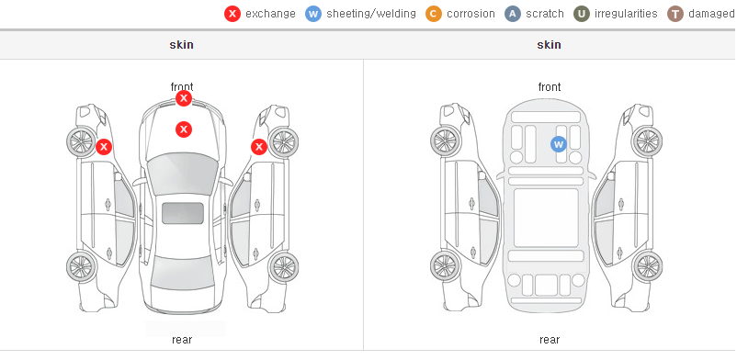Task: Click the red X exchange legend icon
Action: [x=232, y=14]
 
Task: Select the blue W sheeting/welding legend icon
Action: [x=313, y=14]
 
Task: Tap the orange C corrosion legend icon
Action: [x=434, y=14]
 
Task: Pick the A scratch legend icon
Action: [x=513, y=14]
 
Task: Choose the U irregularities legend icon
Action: [x=582, y=14]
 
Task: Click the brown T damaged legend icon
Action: [x=675, y=14]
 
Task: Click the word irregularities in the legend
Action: [x=626, y=14]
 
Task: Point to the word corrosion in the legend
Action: [x=471, y=14]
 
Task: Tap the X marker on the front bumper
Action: [x=184, y=98]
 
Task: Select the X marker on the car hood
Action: [x=184, y=129]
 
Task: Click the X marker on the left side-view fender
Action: [x=104, y=147]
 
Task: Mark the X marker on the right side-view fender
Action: [x=259, y=147]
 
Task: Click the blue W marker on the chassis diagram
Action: [x=559, y=144]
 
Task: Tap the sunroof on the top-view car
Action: [x=183, y=213]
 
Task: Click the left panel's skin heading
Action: [x=181, y=45]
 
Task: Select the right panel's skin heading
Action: [x=549, y=45]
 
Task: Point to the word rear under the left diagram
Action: [x=182, y=340]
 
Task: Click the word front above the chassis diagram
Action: [x=550, y=87]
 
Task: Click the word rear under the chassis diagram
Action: [x=550, y=340]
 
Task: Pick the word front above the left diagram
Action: [x=182, y=87]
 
